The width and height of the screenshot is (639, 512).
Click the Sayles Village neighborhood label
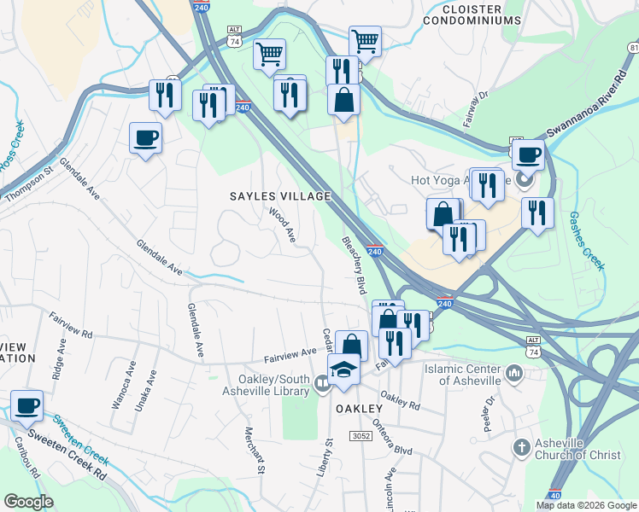click(279, 196)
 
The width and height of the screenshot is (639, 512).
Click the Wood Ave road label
click(282, 224)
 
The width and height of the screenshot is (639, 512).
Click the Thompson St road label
click(30, 184)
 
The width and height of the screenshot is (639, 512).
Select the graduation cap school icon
click(344, 370)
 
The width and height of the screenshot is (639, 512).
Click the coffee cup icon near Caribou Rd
click(26, 405)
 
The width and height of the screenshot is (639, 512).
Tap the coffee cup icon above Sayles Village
click(145, 137)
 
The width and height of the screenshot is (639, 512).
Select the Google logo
click(28, 502)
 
